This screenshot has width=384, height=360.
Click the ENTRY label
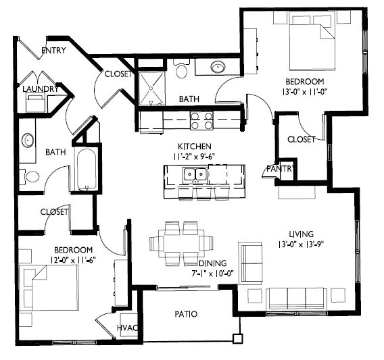click(x=53, y=51)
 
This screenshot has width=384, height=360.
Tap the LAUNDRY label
click(x=39, y=88)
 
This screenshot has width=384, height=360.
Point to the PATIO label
click(x=185, y=314)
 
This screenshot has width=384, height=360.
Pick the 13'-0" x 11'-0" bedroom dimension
click(x=306, y=91)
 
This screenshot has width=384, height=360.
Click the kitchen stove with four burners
click(x=201, y=120)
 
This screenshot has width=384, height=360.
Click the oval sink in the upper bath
click(x=218, y=68)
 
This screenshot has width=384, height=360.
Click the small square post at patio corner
click(x=237, y=339)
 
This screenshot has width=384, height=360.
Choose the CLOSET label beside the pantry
click(x=301, y=139)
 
